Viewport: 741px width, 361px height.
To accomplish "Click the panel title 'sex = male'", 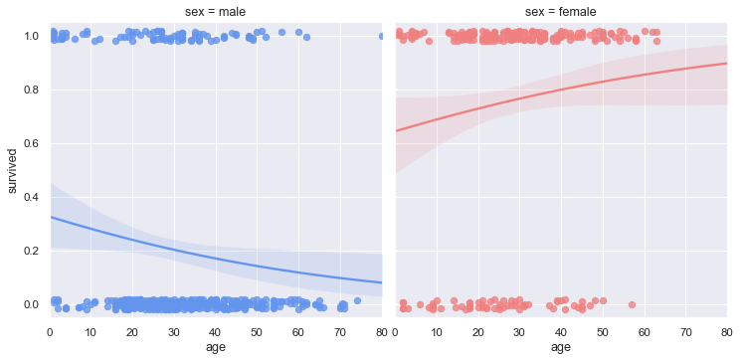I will click(216, 11).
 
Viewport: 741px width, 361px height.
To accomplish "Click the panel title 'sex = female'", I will click(561, 11).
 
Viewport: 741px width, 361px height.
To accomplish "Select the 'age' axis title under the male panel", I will click(216, 347).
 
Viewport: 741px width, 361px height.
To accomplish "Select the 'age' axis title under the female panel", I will click(561, 347).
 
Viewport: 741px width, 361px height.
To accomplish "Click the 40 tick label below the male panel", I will click(216, 330).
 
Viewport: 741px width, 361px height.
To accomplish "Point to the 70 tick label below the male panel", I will click(340, 330).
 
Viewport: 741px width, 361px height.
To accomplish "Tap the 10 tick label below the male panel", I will click(92, 330).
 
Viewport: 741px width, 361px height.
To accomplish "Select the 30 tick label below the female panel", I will click(520, 330).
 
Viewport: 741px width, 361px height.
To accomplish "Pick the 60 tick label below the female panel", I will click(645, 330).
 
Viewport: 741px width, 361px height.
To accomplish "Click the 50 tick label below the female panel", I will click(603, 330).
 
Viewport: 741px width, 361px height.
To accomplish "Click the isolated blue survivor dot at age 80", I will click(382, 36).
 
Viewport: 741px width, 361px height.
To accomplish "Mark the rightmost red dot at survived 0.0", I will click(632, 304).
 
